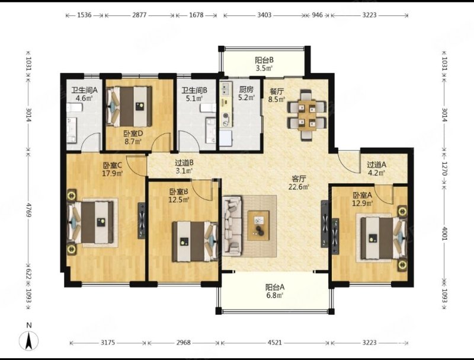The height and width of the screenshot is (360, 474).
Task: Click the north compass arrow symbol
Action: point(29,341)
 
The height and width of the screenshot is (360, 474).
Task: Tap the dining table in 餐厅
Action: point(307,115)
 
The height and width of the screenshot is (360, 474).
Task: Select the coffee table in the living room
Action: point(258,226)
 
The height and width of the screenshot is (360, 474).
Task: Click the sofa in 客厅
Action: point(232,225)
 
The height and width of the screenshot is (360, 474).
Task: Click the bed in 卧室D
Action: point(129,107)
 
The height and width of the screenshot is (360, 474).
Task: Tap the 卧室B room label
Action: point(179,192)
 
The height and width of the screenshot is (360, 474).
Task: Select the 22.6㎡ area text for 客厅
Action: point(299,187)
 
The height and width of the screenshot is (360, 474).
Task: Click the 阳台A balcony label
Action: point(275,287)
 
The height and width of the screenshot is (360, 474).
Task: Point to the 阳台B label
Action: point(264,60)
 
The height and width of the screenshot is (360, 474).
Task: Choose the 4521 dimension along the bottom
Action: point(275,342)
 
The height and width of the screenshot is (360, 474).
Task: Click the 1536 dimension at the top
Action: point(84,14)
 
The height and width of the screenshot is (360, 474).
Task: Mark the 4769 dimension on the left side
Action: point(28,209)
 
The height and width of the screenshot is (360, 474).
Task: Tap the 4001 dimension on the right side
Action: point(444,233)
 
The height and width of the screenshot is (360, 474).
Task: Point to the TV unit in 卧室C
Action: point(142,221)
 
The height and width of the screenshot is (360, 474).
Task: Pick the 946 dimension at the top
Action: point(317,14)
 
